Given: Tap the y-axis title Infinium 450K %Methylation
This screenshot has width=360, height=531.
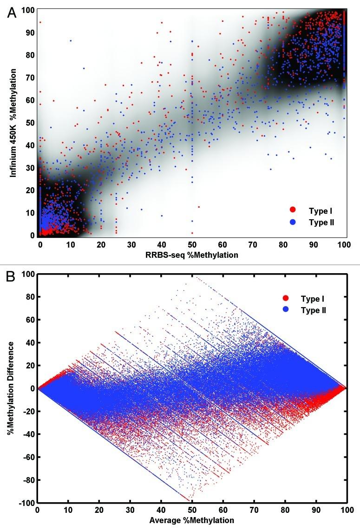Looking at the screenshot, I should [x=14, y=123].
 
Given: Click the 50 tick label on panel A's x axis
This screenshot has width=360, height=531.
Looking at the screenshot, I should [x=191, y=244].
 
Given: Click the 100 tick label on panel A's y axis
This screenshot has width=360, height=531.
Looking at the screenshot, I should [x=27, y=10].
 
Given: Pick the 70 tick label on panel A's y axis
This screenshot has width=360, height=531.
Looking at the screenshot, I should [x=29, y=78].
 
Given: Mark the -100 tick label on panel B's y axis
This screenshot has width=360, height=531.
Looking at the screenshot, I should [x=25, y=503].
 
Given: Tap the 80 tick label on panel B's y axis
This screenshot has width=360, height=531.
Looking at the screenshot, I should [x=29, y=297].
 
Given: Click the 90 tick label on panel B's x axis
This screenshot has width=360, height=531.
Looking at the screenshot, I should [x=316, y=510].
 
